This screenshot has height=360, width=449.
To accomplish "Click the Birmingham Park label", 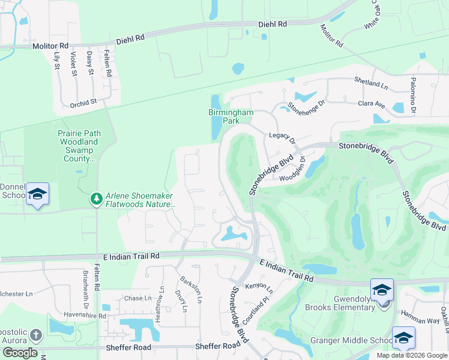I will click(x=231, y=116).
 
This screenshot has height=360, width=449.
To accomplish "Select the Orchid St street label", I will click(x=83, y=103).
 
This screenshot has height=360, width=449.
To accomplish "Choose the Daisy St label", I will click(x=90, y=63).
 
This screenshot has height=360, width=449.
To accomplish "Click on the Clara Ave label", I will click(x=371, y=104).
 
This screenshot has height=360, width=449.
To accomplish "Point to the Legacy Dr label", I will click(x=283, y=138).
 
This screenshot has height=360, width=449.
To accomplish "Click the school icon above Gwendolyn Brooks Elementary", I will click(x=382, y=290).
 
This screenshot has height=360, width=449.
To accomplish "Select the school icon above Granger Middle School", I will click(x=403, y=338).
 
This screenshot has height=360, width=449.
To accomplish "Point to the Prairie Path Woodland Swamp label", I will click(x=79, y=146).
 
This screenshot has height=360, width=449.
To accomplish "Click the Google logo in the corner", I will click(x=20, y=353).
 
